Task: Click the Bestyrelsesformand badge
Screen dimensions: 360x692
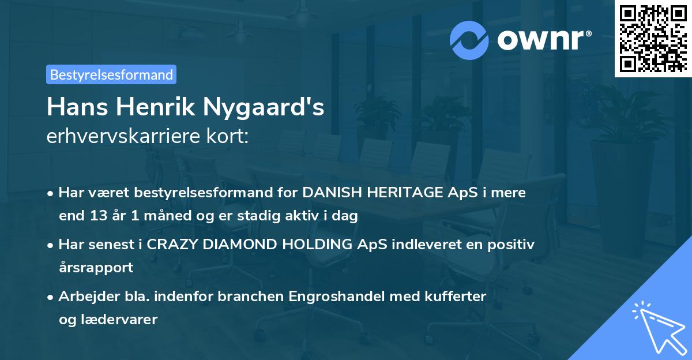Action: click(111, 74)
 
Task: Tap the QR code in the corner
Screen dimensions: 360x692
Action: click(653, 38)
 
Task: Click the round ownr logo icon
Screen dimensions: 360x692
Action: click(469, 40)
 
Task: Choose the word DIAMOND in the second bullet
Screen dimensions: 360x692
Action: click(230, 245)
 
